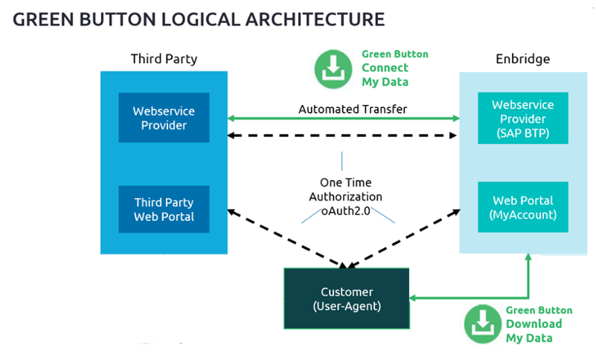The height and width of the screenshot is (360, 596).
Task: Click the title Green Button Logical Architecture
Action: (199, 19)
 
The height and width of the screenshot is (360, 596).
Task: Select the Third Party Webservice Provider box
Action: (164, 118)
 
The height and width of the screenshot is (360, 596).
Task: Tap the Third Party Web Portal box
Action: (164, 209)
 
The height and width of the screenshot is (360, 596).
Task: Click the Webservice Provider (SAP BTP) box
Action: (518, 118)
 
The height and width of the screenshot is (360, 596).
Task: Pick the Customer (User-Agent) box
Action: (347, 298)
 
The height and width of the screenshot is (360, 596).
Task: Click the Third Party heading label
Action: (164, 59)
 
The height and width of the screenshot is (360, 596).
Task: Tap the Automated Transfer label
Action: (342, 109)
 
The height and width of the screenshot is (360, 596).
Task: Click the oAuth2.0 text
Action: (345, 210)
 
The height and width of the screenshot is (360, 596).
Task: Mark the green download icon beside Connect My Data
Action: (333, 68)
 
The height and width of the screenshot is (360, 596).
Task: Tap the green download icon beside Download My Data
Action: (483, 324)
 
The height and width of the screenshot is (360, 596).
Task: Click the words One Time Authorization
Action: (345, 190)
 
